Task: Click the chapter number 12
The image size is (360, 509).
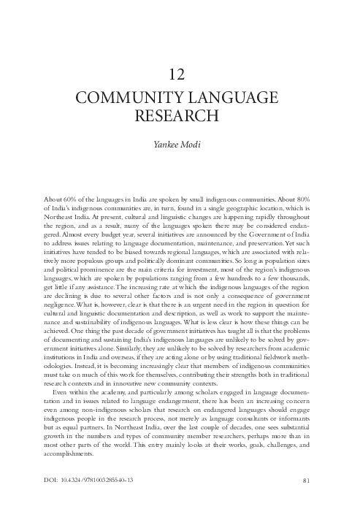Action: point(180,73)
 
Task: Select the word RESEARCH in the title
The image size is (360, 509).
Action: point(180,115)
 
